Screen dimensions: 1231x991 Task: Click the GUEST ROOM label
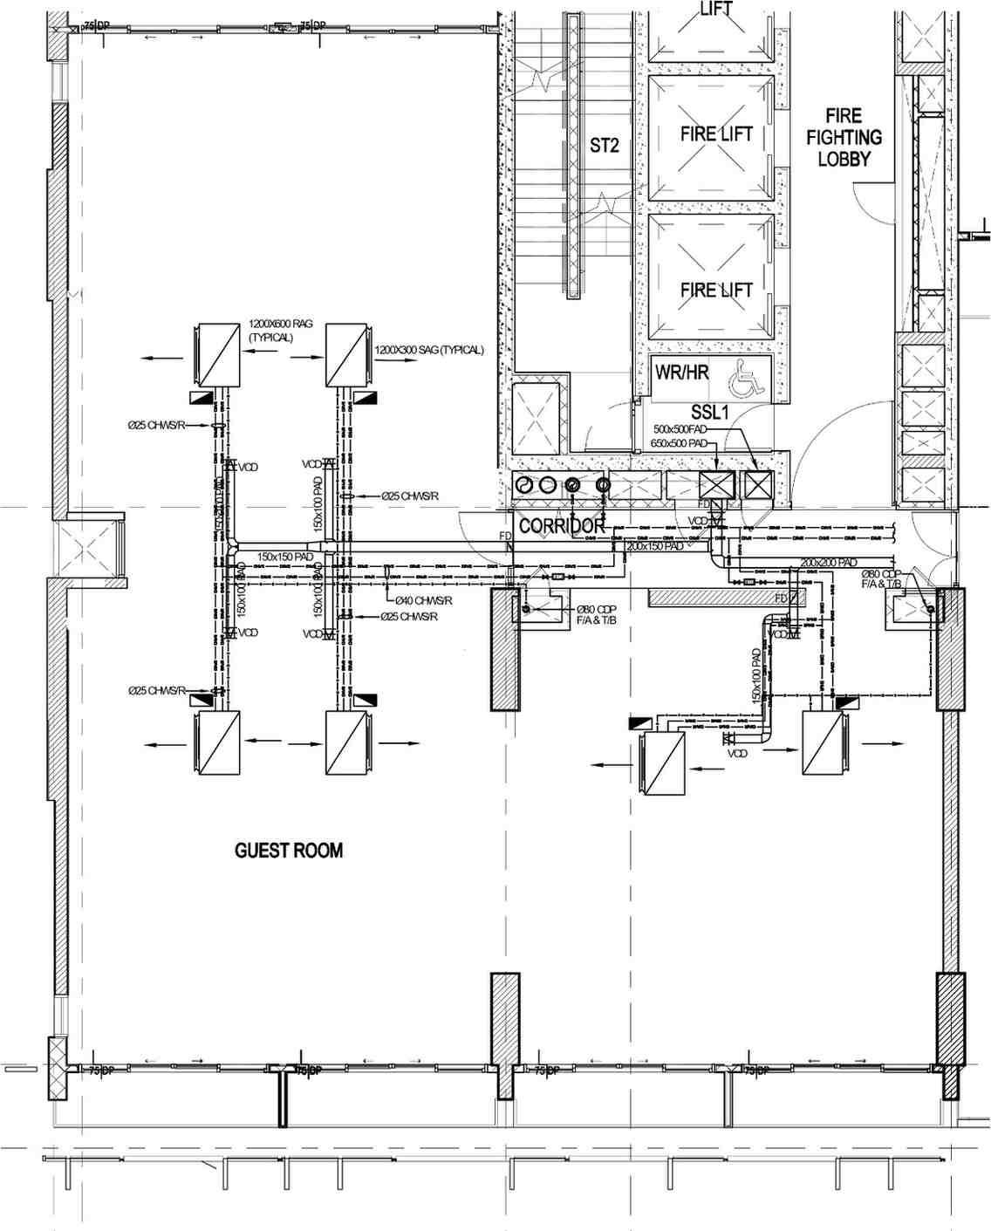[289, 851]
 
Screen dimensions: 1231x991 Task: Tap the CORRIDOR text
[562, 526]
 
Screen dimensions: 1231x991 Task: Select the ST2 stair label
[604, 145]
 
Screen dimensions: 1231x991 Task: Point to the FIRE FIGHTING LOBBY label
[844, 137]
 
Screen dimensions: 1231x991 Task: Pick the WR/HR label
[682, 373]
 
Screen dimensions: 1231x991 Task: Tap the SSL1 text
[709, 412]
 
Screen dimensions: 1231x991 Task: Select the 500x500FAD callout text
[680, 429]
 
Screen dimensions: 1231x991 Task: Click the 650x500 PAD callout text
[679, 443]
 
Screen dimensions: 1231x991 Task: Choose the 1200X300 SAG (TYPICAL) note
[429, 350]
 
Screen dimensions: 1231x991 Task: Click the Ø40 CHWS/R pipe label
[423, 600]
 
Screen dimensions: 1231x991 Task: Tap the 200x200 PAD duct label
[829, 563]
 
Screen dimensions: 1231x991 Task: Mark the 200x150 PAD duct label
[654, 546]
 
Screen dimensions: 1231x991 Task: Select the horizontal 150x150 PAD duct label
[284, 556]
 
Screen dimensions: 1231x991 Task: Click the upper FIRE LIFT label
[716, 134]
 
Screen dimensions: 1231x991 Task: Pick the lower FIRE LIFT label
[716, 290]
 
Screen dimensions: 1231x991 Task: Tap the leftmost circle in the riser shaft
[523, 485]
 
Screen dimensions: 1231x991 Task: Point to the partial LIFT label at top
[716, 10]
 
